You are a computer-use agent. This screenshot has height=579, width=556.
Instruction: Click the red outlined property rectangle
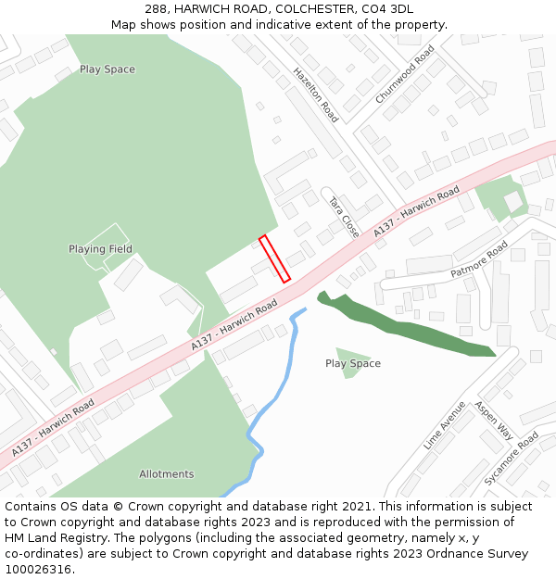[274, 258]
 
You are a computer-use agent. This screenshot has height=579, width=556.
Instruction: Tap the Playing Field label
[100, 249]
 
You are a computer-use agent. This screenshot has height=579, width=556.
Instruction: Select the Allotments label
[167, 474]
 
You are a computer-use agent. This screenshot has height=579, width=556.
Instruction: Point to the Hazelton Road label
[316, 94]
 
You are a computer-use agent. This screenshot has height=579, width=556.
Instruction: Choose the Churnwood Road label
[405, 74]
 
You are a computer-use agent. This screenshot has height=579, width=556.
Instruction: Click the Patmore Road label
[479, 260]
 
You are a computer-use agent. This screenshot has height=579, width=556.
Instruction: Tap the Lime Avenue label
[445, 425]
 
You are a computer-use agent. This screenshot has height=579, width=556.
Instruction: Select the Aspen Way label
[494, 420]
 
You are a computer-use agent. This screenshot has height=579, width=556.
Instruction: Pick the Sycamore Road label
[512, 458]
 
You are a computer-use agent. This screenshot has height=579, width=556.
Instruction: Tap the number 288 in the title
[155, 9]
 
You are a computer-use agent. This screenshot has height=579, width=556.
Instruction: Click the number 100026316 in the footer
[37, 569]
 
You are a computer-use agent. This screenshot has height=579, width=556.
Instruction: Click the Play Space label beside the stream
[353, 364]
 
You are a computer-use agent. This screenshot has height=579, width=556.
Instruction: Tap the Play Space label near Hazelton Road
[107, 69]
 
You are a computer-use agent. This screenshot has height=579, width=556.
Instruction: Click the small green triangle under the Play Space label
[350, 353]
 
